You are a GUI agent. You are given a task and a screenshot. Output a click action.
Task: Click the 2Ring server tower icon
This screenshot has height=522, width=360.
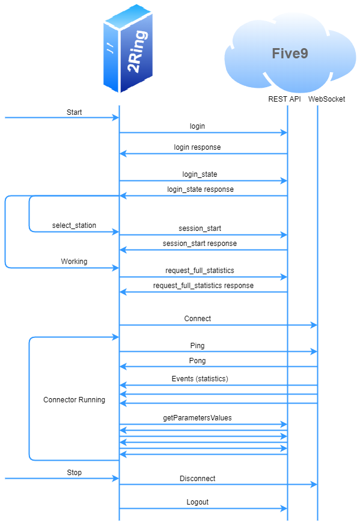point(128,49)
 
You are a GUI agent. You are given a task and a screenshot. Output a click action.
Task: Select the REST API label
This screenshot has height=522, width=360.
point(284,99)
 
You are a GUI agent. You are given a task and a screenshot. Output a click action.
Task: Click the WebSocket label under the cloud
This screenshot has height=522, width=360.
point(327,99)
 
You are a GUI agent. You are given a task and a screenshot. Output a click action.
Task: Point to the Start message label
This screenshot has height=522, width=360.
point(75,112)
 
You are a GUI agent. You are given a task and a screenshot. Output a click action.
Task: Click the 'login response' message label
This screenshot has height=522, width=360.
point(197,147)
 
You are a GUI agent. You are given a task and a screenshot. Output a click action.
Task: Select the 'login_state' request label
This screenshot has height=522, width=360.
point(200,174)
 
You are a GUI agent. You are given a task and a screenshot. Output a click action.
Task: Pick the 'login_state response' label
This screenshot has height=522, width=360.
point(200,189)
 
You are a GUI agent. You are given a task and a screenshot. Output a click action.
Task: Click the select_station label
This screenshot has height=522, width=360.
point(74,226)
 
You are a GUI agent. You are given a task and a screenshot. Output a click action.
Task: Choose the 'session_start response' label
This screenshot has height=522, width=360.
point(200,244)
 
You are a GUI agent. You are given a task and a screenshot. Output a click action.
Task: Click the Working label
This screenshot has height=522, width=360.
point(74,262)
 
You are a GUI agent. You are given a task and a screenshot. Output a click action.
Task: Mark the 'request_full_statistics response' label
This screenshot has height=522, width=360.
point(203,286)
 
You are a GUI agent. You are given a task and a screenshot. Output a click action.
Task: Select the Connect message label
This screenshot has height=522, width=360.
point(198,319)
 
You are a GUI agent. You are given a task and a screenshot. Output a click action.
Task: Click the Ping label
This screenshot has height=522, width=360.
point(197,346)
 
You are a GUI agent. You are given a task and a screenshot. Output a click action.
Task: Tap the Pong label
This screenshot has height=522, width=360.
point(197,361)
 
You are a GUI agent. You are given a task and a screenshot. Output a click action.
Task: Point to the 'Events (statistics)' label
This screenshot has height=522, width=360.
point(200,379)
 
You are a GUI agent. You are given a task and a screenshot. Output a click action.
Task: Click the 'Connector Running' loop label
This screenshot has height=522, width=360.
point(74,400)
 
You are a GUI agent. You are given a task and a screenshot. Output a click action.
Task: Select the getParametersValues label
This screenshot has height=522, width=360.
point(197,417)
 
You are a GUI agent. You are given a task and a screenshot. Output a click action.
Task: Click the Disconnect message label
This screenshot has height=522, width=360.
point(197,479)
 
